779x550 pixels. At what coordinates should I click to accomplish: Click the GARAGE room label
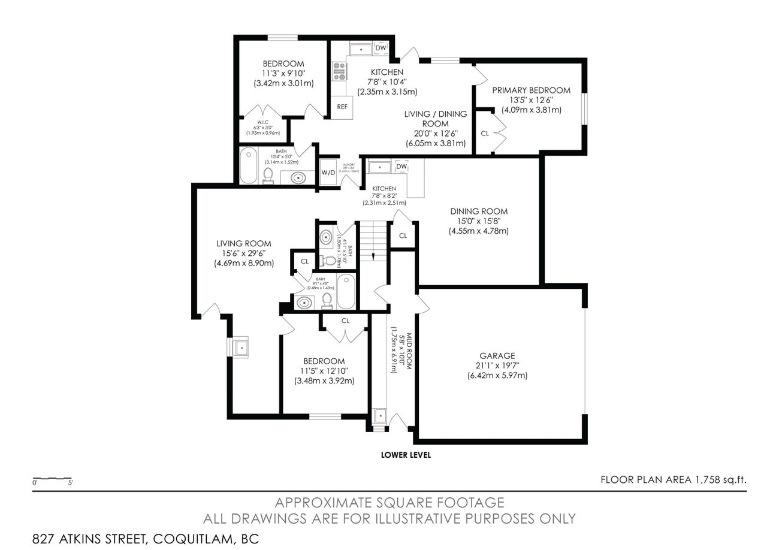[497, 355]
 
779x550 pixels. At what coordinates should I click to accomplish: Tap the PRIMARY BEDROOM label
[531, 90]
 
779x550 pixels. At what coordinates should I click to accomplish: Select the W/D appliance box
[328, 173]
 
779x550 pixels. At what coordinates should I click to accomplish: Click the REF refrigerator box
[342, 107]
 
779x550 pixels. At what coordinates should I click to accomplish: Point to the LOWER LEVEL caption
[406, 455]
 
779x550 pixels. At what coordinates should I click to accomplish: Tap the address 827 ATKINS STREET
[90, 538]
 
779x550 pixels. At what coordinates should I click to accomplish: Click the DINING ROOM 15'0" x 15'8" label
[479, 211]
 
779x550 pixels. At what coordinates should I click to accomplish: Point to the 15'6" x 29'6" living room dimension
[243, 253]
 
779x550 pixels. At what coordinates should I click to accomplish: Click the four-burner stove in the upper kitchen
[340, 71]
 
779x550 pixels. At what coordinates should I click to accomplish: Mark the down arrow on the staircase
[373, 256]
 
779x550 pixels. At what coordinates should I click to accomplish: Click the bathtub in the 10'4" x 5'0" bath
[249, 165]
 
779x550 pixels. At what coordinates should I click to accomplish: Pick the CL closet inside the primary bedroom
[485, 133]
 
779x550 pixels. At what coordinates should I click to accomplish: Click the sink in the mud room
[379, 415]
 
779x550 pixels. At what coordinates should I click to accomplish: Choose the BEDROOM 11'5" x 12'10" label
[324, 361]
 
